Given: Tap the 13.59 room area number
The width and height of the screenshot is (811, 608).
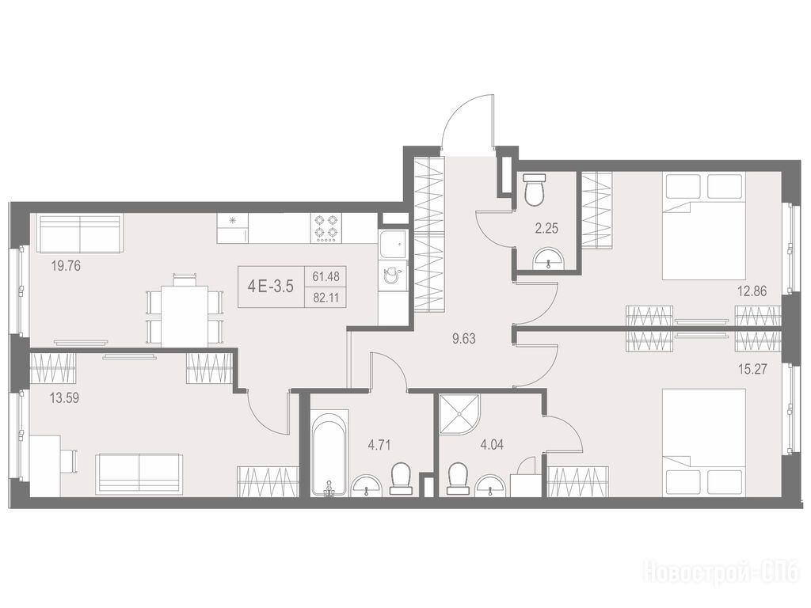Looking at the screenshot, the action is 65,398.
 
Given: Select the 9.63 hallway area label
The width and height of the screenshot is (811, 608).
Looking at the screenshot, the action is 463,339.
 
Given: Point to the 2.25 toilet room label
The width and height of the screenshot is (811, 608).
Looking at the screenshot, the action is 546,229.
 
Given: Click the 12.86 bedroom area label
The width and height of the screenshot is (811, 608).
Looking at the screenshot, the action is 752,291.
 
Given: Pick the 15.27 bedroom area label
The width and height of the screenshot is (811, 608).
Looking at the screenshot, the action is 752,369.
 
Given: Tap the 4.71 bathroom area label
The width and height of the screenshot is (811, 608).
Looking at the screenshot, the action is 379,445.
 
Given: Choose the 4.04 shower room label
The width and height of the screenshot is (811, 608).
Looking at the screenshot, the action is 491,445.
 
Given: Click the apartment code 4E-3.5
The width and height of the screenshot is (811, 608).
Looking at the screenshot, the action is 271,287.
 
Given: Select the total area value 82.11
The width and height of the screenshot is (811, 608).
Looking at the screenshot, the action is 326,298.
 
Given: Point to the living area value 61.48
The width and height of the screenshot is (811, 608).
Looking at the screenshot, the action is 326,276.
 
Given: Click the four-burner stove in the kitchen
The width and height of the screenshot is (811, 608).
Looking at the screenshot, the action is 326,228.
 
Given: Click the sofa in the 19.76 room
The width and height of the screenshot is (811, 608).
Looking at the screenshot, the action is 80,234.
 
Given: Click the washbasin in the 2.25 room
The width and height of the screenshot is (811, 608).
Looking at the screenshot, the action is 548,258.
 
